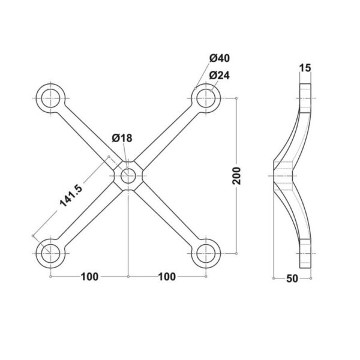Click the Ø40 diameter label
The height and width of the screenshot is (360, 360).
(x=219, y=58)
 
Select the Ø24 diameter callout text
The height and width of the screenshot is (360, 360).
(x=219, y=76)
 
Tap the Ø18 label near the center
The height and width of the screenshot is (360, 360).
(x=122, y=138)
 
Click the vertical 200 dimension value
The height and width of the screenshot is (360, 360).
(x=237, y=176)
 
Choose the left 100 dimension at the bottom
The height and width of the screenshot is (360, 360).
(x=90, y=277)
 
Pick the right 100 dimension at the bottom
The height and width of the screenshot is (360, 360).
(x=167, y=277)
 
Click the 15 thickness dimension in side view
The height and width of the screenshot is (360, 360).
(x=305, y=68)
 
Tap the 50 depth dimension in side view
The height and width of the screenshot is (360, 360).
(x=292, y=278)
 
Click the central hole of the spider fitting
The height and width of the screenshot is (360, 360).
(x=128, y=176)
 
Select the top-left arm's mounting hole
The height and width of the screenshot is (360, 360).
(x=50, y=98)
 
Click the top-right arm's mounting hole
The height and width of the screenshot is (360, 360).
(x=206, y=98)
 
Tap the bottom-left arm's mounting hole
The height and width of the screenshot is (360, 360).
(x=50, y=253)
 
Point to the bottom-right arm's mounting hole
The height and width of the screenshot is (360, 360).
(x=206, y=253)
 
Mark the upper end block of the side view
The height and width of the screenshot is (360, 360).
(x=305, y=98)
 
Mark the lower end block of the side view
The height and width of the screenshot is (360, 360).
(x=305, y=253)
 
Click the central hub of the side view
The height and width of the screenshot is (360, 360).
(x=283, y=176)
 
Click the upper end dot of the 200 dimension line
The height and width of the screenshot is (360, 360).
(x=236, y=98)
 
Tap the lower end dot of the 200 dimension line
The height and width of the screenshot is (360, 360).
(x=236, y=253)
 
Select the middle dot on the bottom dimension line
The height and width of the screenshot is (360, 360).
(x=128, y=277)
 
